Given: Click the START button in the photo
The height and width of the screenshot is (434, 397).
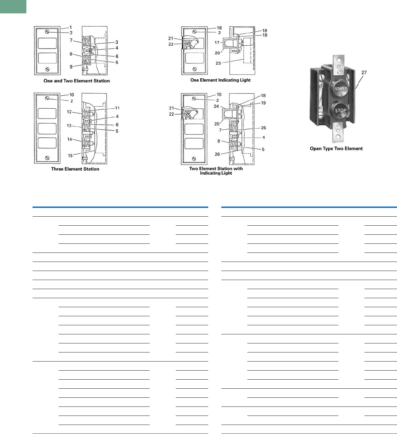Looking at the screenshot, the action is coord(340,88).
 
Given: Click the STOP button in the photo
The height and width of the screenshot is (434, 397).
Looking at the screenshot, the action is coord(340,110).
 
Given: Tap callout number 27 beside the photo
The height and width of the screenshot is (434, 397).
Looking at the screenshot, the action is coord(364,72).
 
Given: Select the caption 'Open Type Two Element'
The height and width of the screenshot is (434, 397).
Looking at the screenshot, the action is coord(336,149).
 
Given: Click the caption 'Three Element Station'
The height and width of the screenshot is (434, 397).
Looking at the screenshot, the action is coord(75,169).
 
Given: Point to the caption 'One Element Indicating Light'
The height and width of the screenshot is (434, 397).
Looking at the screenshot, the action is coord(221,80).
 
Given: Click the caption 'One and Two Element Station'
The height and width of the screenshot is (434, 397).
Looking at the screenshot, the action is coord(77,81).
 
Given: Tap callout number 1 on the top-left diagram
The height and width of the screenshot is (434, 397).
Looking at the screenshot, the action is coord(71,28).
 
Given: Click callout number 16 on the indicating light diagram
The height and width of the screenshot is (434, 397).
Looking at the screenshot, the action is coord(219,28).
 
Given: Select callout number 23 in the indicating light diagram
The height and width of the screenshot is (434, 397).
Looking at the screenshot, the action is coord(218,63).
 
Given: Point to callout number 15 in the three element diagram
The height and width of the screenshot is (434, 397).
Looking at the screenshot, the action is coord(70,155).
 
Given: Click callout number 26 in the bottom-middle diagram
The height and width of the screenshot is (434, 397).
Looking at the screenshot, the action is coord(217,154).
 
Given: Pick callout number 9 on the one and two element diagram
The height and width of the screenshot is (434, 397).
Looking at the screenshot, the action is coord(71,67).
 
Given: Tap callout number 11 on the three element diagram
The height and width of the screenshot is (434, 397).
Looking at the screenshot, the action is coord(118,108).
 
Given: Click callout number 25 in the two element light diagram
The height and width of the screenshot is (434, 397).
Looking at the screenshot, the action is coord(264,128).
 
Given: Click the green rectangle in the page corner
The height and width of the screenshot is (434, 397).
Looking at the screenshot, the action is coord(13,7).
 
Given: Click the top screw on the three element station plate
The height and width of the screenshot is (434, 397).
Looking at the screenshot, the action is coord(47,98).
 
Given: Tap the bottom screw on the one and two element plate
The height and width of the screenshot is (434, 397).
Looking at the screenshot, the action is coord(47,69).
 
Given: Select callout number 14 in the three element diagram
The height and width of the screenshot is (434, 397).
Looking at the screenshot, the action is coord(70,139).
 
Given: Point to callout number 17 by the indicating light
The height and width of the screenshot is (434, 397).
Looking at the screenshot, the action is coord(217,43).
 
